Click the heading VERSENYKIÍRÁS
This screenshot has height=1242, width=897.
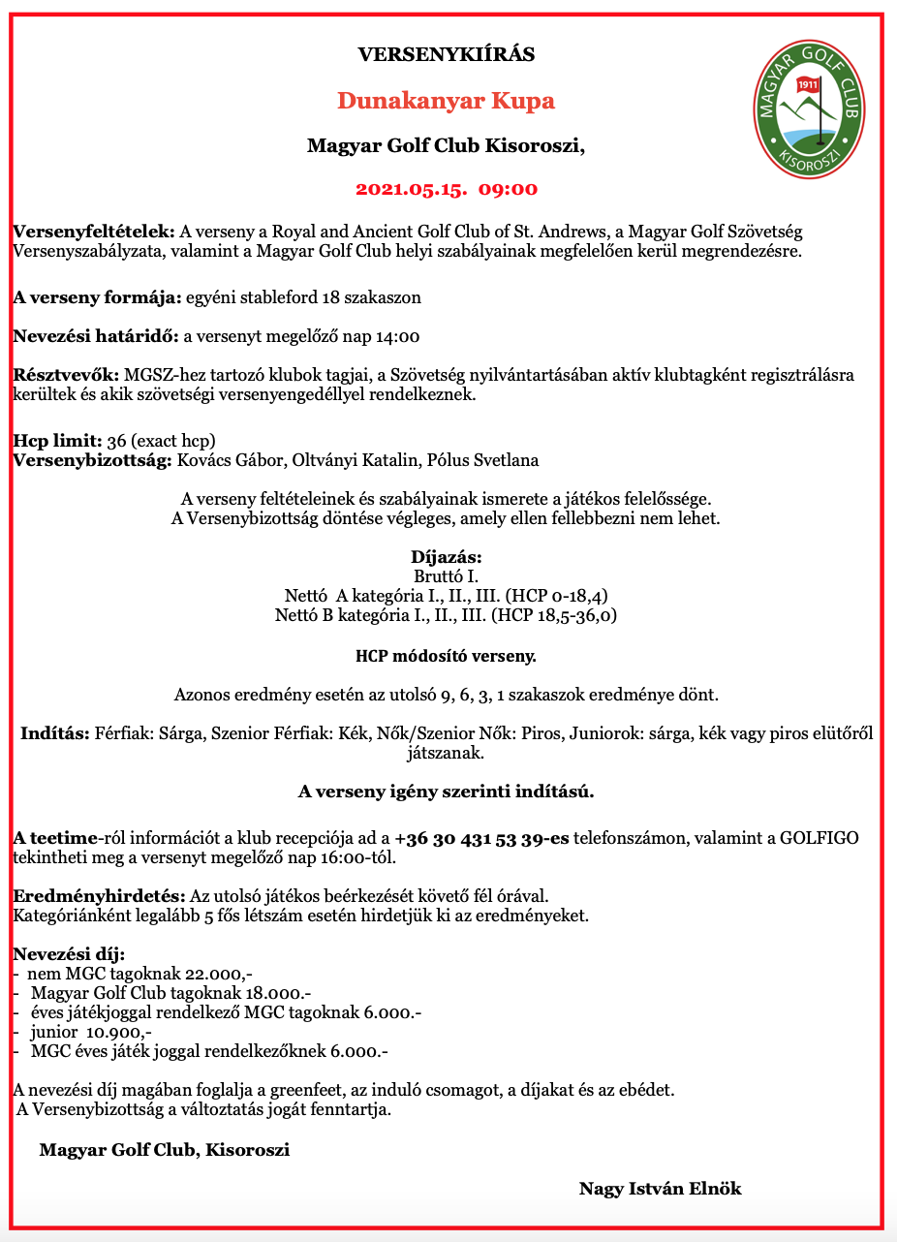(x=447, y=54)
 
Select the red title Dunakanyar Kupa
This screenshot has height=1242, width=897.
(x=446, y=101)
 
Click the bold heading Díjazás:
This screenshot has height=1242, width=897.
(x=447, y=558)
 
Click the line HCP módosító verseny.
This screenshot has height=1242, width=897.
(x=446, y=657)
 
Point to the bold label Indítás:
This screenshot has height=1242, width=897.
(x=55, y=733)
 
